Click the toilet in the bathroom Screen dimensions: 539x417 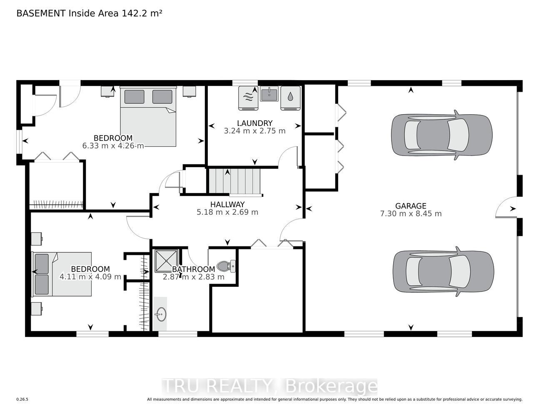(226, 266)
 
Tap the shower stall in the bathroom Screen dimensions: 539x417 (167, 261)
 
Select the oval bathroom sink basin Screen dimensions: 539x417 (161, 314)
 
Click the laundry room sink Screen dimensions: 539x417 (269, 93)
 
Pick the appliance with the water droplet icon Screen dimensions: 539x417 (290, 98)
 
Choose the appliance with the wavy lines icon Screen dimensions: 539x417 (248, 98)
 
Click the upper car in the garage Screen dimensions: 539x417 (442, 135)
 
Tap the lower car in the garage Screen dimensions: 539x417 (443, 271)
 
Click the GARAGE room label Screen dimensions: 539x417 (411, 206)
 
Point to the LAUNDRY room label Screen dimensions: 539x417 (255, 123)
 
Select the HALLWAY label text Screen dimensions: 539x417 (227, 204)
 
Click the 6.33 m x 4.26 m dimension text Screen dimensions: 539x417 (113, 146)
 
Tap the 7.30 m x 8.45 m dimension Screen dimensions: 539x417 (411, 214)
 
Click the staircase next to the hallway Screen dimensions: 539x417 (235, 181)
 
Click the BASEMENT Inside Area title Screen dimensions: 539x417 (89, 13)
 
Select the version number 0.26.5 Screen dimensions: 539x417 (22, 399)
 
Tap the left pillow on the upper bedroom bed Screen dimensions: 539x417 (134, 97)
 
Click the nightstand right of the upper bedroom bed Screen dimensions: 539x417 (189, 91)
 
